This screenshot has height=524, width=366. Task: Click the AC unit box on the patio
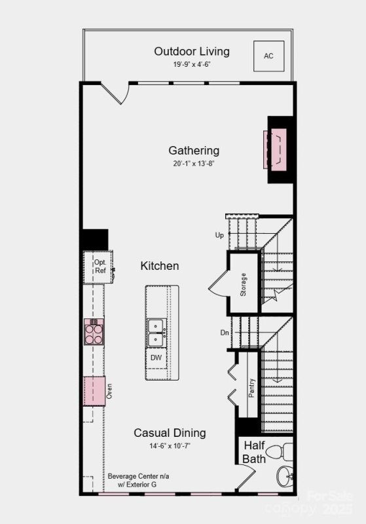(268, 56)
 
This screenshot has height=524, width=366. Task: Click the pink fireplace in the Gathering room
(275, 150)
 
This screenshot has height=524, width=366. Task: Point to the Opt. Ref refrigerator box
(100, 266)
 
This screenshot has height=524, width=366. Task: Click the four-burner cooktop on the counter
(94, 332)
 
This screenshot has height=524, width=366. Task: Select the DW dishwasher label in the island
(156, 358)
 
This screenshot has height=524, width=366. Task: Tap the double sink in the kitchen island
(156, 332)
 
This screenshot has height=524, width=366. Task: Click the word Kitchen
(159, 266)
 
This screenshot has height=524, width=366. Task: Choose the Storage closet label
(243, 285)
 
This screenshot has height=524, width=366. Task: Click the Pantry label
(251, 387)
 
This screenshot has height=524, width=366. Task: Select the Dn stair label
(225, 333)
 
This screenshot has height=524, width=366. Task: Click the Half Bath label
(254, 452)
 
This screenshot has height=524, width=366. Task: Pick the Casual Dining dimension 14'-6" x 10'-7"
(170, 446)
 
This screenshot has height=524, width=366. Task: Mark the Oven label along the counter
(109, 391)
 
